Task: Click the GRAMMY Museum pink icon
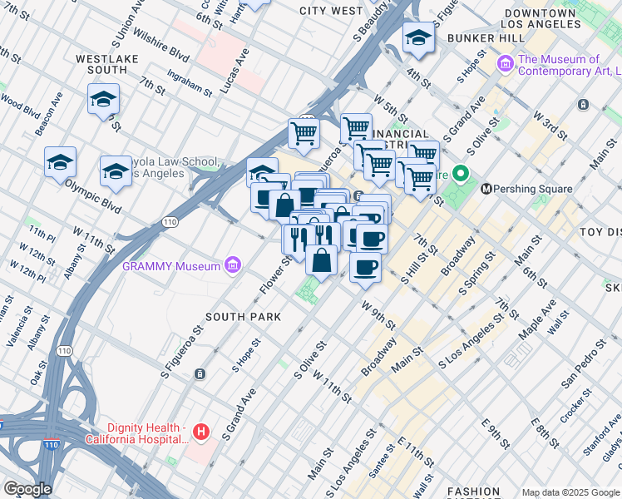point(234,266)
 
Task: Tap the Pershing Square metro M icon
point(486,189)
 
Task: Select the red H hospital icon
point(200,432)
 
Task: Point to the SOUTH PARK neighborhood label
point(243,317)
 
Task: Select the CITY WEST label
point(331,11)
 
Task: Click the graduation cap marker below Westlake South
point(103,100)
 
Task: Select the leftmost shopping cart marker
point(304,133)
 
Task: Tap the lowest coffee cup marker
point(365,268)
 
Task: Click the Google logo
point(27,489)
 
